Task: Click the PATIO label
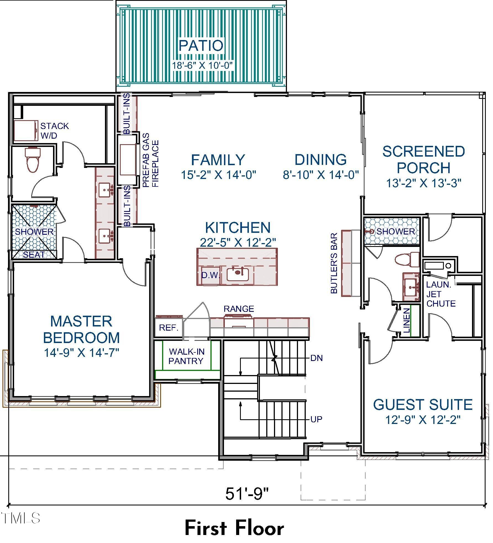[x=201, y=46]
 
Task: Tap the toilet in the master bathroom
[x=33, y=160]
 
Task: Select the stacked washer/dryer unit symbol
[x=26, y=130]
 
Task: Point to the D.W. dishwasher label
[x=210, y=275]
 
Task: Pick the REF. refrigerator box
[x=168, y=328]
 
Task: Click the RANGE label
[x=239, y=309]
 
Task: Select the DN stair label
[x=317, y=358]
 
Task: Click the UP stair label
[x=317, y=420]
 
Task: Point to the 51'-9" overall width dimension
[x=247, y=494]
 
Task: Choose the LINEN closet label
[x=407, y=320]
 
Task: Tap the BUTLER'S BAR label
[x=334, y=263]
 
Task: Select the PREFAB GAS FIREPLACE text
[x=151, y=160]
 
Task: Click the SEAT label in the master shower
[x=34, y=255]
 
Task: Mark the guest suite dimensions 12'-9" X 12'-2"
[x=423, y=420]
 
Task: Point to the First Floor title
[x=234, y=528]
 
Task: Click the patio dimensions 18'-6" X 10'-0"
[x=202, y=65]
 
